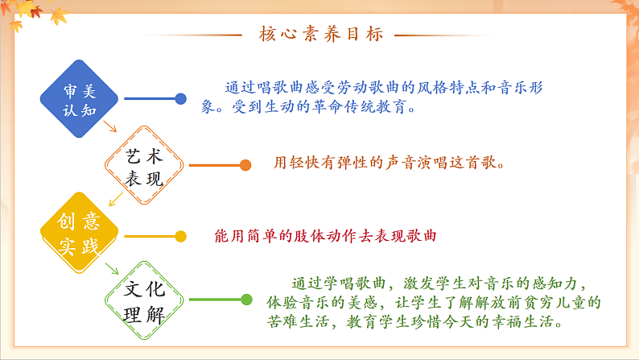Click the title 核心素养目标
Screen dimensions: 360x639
coord(320,35)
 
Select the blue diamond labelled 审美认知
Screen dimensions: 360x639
coord(79,99)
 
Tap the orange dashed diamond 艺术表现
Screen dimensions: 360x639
coord(145,167)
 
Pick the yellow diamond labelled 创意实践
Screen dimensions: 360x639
coord(79,235)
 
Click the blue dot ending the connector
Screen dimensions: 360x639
coord(181,99)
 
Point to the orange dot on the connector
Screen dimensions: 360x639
coord(245,166)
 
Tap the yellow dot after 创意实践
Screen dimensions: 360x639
coord(181,236)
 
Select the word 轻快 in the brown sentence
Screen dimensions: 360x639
coord(311,163)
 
